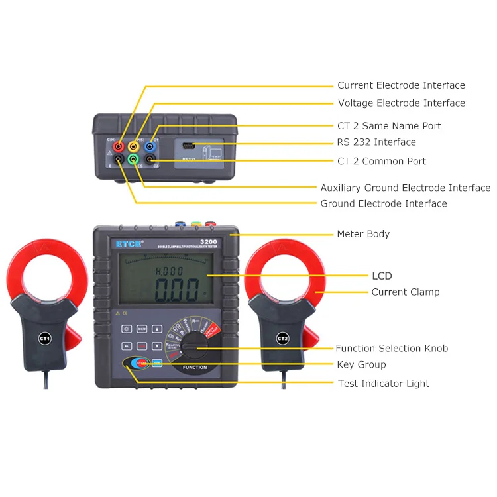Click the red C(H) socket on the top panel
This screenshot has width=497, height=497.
pos(118,146)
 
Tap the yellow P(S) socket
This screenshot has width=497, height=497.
pos(134,146)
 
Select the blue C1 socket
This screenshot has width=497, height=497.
pos(150,146)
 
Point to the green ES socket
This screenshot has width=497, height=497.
pos(134,160)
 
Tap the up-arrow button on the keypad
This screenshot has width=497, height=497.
pos(157,329)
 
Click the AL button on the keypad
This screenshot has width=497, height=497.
pos(126,346)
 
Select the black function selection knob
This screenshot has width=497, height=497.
pos(196,346)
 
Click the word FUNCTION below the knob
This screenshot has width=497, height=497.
pos(195,367)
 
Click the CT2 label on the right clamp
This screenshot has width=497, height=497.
pos(283,339)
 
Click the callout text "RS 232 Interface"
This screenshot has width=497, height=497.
pos(376,142)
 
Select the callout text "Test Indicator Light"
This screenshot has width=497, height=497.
pos(383,384)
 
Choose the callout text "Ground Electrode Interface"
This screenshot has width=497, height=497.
pos(384,204)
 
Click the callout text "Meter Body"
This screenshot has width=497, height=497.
pos(363,234)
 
